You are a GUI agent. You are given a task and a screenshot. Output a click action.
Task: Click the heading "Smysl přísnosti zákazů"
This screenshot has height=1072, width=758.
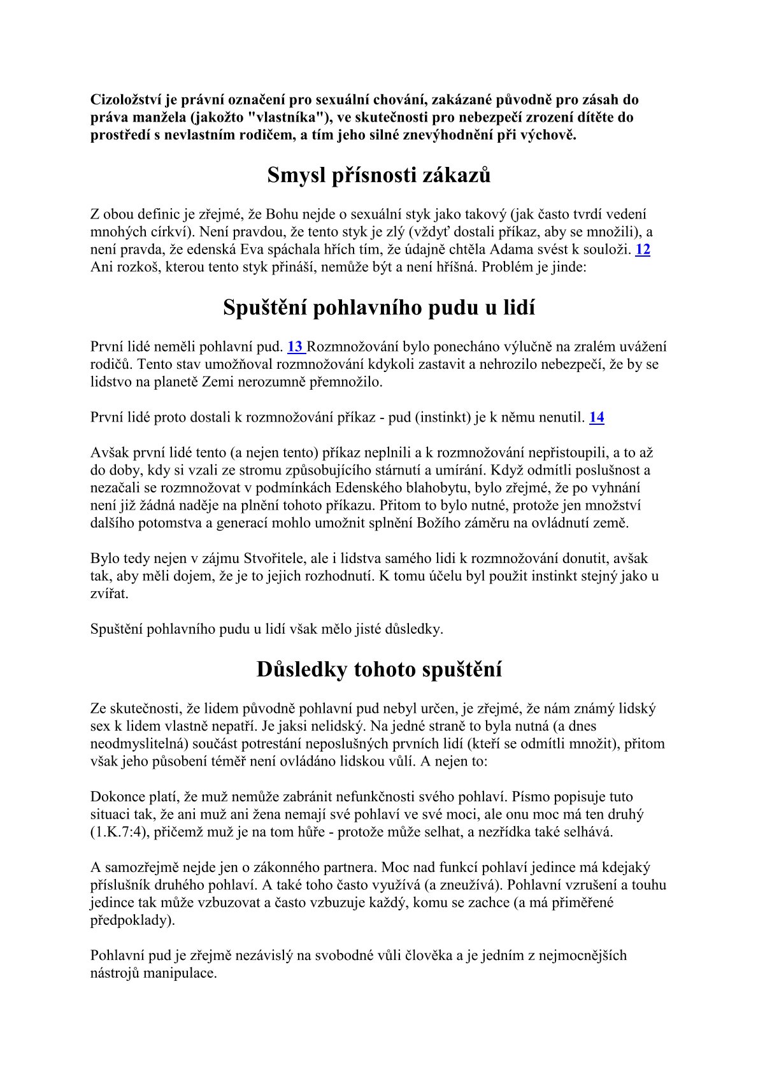tap(379, 175)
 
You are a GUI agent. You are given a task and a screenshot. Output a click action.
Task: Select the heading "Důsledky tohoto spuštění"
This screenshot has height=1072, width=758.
tap(379, 669)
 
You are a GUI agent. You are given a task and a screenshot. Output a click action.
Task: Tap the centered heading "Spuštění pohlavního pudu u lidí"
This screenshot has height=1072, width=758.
tap(379, 307)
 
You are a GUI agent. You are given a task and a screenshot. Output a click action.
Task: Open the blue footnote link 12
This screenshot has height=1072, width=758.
tap(643, 249)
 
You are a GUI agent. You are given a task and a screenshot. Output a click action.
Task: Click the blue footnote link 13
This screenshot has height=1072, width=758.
tap(296, 347)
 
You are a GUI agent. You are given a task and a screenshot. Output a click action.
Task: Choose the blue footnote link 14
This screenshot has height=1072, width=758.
tap(596, 417)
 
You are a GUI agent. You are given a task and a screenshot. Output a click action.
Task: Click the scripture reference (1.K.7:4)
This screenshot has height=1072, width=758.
tap(115, 832)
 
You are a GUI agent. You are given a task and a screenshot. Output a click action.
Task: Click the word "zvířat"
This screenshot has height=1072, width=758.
tap(109, 594)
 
